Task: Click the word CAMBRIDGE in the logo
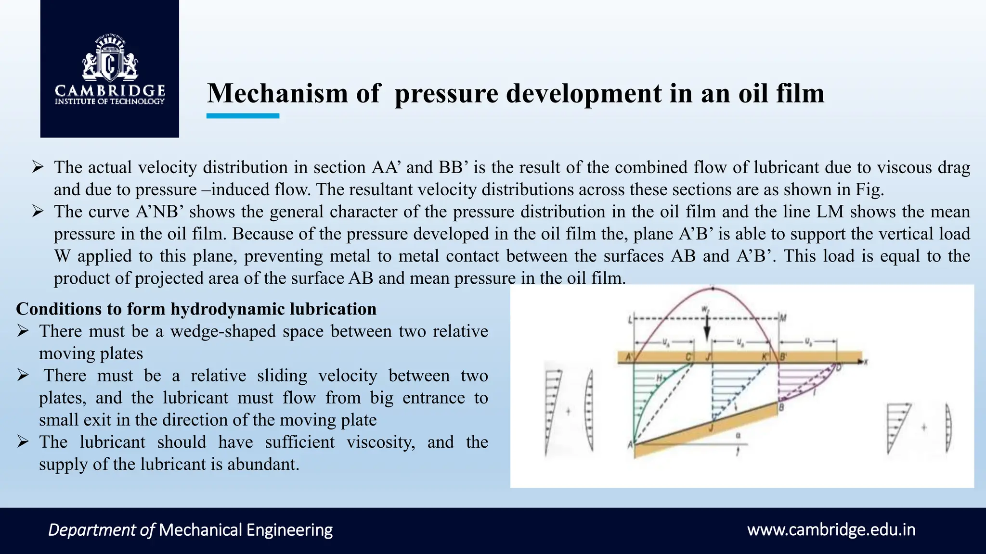110,90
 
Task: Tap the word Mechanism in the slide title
277,93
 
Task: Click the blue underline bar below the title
243,116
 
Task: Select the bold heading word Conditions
58,309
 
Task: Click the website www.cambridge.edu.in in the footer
831,530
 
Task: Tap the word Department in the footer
92,530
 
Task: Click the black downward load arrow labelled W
707,331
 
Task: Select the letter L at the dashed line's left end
630,319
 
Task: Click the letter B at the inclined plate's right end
781,408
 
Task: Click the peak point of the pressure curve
713,289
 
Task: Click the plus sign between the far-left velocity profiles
568,412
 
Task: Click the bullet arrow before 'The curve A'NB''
38,211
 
